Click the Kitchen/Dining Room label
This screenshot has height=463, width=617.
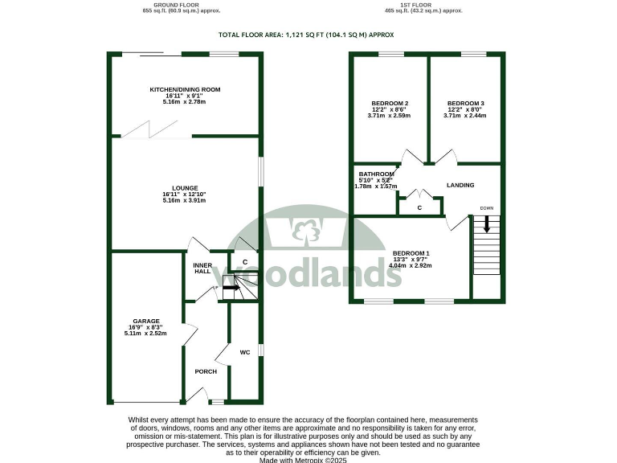pos(185,89)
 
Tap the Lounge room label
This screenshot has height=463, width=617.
pos(185,187)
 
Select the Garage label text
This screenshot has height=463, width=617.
pos(145,321)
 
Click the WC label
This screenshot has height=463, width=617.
pos(245,351)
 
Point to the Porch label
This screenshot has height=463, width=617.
pos(206,372)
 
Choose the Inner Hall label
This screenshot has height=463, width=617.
pos(202,268)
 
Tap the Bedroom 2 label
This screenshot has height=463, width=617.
pos(390,104)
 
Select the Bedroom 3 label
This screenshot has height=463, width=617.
pos(465,104)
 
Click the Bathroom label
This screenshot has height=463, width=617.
pos(376,174)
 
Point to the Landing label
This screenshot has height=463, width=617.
pos(461,186)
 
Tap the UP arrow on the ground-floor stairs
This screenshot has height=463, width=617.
pos(231,287)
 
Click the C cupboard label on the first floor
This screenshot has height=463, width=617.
pos(419,208)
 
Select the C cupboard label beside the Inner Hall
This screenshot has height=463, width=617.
pos(244,262)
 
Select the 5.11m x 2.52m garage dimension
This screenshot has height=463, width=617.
pos(145,334)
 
